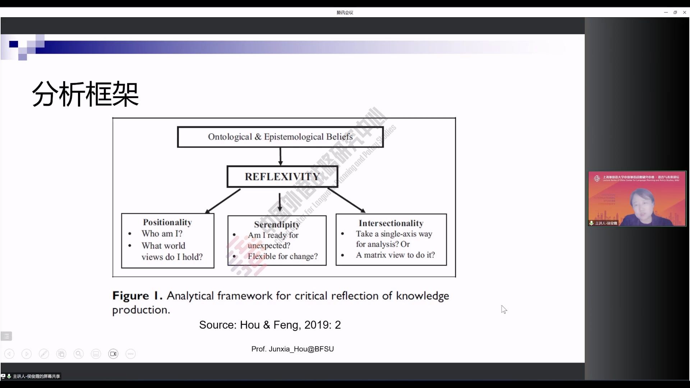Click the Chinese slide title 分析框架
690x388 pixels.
pyautogui.click(x=85, y=94)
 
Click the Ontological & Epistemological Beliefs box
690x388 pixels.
pyautogui.click(x=280, y=137)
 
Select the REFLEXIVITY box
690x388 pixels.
pyautogui.click(x=282, y=176)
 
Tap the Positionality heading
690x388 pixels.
pyautogui.click(x=167, y=222)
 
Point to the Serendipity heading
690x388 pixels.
pyautogui.click(x=277, y=225)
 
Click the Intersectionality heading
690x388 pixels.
pyautogui.click(x=391, y=223)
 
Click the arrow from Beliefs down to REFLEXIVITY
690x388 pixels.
pyautogui.click(x=280, y=156)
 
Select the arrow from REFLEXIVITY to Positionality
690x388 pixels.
pyautogui.click(x=222, y=201)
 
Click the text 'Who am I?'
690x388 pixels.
pyautogui.click(x=162, y=234)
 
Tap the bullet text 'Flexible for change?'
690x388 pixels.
pyautogui.click(x=283, y=256)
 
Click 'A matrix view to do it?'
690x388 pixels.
pyautogui.click(x=395, y=255)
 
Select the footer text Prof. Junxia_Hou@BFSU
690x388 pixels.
pyautogui.click(x=293, y=349)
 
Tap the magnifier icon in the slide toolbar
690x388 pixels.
pyautogui.click(x=78, y=354)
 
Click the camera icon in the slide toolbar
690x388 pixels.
pyautogui.click(x=113, y=354)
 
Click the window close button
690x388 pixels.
pyautogui.click(x=685, y=13)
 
